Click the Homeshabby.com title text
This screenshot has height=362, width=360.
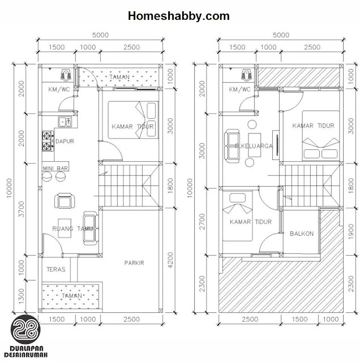point(179,16)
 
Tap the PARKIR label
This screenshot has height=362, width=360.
point(134,262)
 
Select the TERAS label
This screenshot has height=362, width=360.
point(56,269)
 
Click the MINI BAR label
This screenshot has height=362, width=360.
point(55,169)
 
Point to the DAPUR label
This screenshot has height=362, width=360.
point(65,141)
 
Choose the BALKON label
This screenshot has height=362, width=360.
point(302,234)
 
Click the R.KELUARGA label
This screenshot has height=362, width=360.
point(254,146)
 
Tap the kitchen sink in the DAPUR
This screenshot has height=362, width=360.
point(65,122)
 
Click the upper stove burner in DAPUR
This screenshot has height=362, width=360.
point(46,136)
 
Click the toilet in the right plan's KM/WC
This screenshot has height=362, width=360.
point(247,75)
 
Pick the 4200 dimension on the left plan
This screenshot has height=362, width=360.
point(170,260)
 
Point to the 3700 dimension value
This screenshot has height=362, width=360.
point(22,209)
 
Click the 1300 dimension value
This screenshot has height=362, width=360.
point(22,296)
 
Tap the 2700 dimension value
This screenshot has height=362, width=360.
point(202,222)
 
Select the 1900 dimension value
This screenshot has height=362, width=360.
point(351,231)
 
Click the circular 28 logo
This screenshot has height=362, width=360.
point(25,329)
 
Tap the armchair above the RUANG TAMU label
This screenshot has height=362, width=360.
point(65,201)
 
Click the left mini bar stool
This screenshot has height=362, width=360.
point(47,177)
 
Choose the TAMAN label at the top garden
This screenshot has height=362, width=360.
point(119,77)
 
